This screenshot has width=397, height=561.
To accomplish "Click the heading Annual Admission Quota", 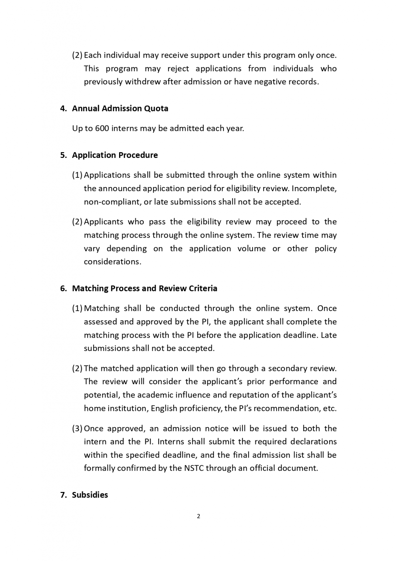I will [120, 108].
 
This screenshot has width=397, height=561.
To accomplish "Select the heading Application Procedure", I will [115, 155].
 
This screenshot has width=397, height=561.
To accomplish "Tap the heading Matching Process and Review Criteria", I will [144, 289].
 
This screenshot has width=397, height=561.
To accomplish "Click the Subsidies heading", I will [90, 495].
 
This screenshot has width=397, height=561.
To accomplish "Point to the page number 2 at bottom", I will [198, 516].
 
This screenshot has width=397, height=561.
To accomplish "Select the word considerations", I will [112, 262].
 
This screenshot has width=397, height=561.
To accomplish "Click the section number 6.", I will [63, 289].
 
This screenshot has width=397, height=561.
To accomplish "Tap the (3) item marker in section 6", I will [77, 429].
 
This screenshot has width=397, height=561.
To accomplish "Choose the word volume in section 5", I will [252, 249].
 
